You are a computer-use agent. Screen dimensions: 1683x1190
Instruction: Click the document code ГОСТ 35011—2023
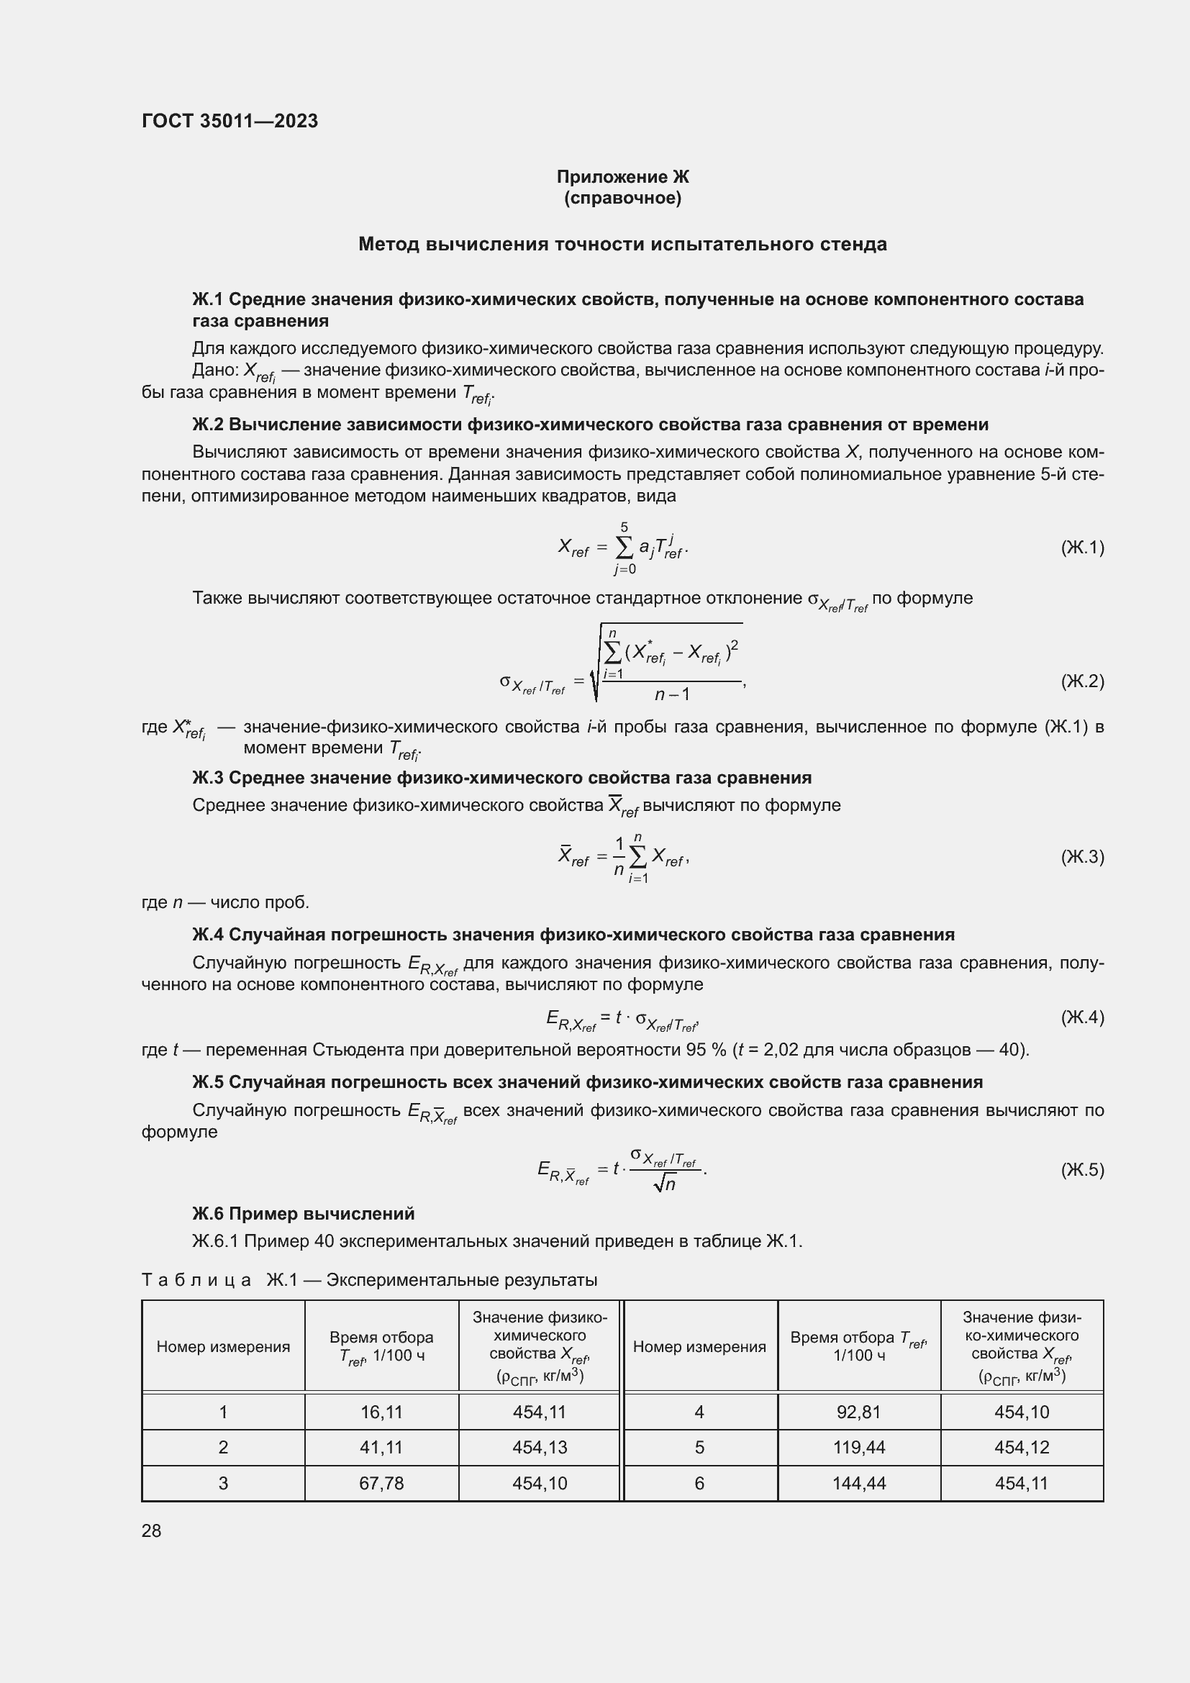point(230,121)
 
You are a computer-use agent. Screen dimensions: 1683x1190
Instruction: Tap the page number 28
point(151,1530)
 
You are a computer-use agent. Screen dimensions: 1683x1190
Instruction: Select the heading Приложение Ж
point(622,177)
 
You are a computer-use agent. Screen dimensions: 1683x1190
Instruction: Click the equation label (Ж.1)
point(1081,547)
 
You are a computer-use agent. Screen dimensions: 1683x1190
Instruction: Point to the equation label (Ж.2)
point(1081,681)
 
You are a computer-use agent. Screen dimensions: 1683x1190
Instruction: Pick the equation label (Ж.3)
point(1081,856)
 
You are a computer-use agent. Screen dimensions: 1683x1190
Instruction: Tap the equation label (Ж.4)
point(1081,1017)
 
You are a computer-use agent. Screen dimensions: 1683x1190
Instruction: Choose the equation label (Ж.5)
point(1081,1169)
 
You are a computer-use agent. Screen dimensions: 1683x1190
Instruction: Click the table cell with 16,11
point(381,1412)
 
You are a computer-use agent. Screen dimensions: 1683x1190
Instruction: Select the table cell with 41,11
point(381,1447)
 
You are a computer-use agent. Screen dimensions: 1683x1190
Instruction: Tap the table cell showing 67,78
point(381,1483)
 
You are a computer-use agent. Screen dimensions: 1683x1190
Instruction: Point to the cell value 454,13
point(540,1447)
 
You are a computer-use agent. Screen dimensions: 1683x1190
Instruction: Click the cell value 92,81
point(859,1412)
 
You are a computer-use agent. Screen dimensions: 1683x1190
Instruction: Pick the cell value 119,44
point(859,1447)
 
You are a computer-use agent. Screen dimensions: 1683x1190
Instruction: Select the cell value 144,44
point(859,1483)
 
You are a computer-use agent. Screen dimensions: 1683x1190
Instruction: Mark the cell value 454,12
point(1022,1447)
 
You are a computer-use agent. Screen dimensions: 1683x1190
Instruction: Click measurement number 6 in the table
point(699,1483)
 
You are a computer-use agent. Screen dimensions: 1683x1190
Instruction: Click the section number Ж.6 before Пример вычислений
point(208,1213)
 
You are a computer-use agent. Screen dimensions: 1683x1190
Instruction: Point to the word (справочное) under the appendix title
point(622,198)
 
